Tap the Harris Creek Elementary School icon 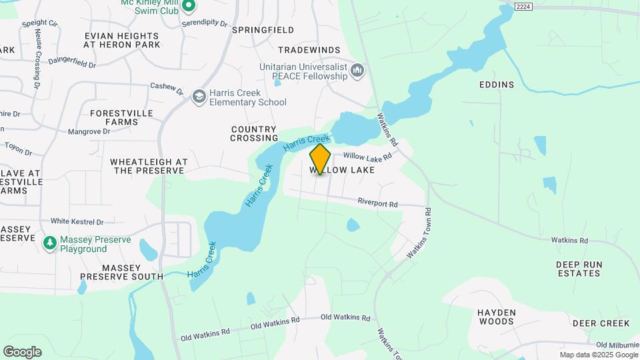tap(199, 97)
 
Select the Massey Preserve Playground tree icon tap(49, 244)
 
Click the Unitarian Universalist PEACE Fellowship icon tap(358, 71)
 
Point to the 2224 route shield tap(523, 6)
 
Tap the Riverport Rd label tap(377, 203)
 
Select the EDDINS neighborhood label tap(497, 85)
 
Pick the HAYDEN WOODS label tap(496, 317)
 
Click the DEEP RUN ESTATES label tap(579, 269)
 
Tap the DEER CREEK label tap(601, 323)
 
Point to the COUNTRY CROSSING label tap(254, 133)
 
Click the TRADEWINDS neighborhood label tap(309, 50)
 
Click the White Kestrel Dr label tap(77, 221)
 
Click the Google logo tap(22, 352)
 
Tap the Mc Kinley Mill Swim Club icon tap(188, 7)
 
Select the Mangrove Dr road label tap(89, 131)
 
